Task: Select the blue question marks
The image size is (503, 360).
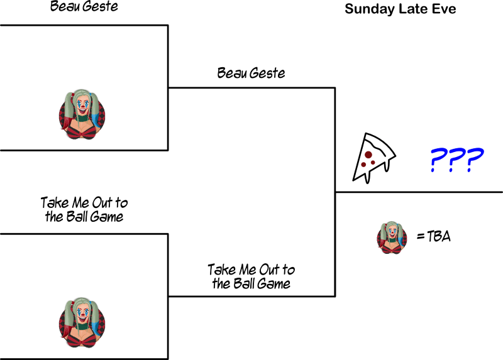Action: point(456,161)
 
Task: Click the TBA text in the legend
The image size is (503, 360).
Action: point(439,237)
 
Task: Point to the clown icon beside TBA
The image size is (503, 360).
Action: point(391,237)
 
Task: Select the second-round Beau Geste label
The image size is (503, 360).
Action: point(251,73)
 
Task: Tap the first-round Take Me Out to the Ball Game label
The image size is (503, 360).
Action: point(84,210)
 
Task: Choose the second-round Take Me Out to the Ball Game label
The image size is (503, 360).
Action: point(251,276)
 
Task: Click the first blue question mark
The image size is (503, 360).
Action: point(438,161)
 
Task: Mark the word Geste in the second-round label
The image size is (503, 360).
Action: point(267,73)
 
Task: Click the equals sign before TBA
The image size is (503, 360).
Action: point(421,237)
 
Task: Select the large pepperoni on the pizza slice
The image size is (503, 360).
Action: point(368,155)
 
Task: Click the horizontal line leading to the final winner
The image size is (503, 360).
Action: point(419,192)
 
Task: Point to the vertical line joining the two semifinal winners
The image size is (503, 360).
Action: point(335,192)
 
